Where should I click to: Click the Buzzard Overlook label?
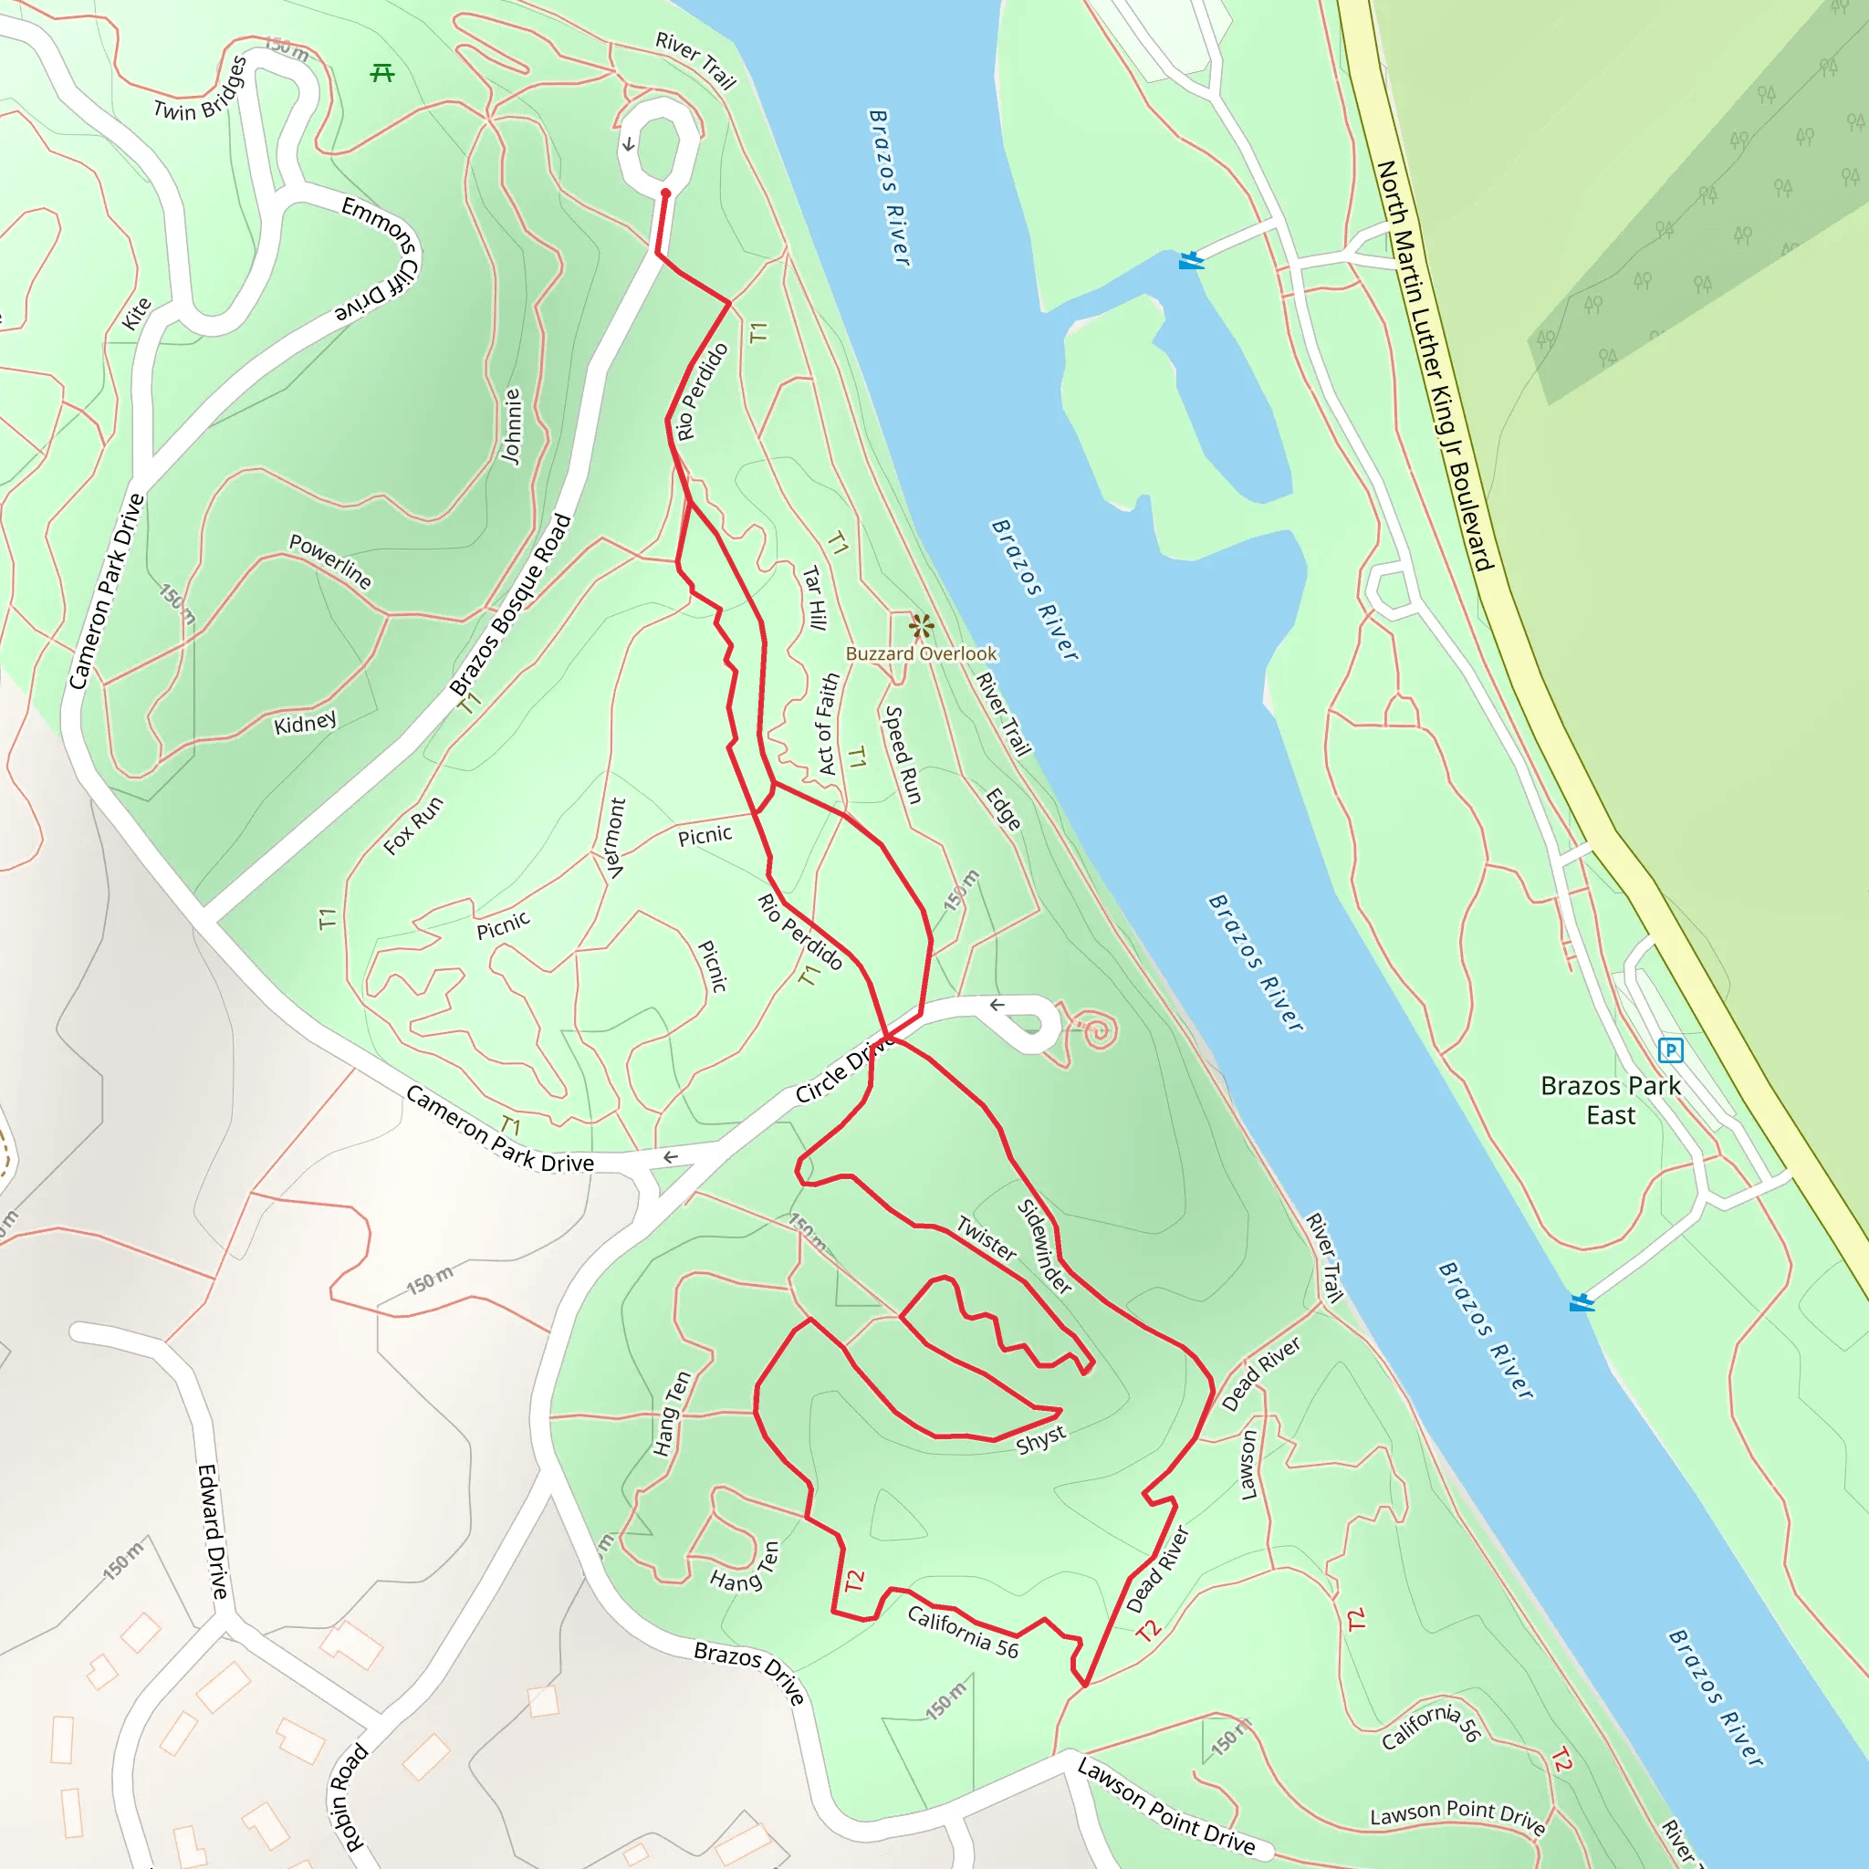(921, 654)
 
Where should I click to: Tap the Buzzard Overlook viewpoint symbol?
(921, 626)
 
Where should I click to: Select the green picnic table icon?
(382, 73)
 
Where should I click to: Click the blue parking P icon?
(1671, 1049)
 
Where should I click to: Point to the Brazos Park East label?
(1611, 1100)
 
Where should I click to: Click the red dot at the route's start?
(665, 193)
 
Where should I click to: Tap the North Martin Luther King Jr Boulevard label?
(1436, 366)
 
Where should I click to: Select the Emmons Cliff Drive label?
(381, 259)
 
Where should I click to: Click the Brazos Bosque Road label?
(511, 606)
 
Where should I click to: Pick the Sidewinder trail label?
(1045, 1247)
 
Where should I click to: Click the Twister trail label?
(987, 1239)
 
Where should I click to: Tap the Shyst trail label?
(1041, 1439)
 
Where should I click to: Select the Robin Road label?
(350, 1798)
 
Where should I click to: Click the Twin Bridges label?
(200, 89)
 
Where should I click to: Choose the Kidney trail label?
(306, 723)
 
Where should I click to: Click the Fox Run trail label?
(413, 825)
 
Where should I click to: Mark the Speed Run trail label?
(903, 755)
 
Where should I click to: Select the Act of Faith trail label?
(828, 724)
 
